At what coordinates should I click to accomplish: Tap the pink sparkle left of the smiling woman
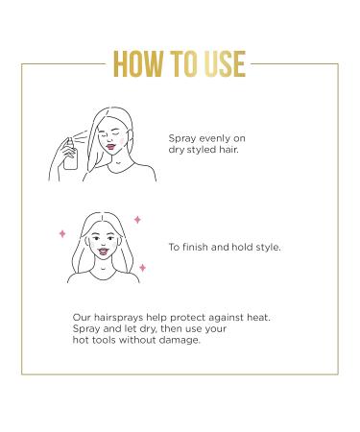[62, 233]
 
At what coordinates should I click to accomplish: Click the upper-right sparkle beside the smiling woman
[137, 220]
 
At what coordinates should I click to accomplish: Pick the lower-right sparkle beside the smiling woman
[142, 268]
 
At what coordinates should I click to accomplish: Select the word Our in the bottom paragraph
[82, 317]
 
